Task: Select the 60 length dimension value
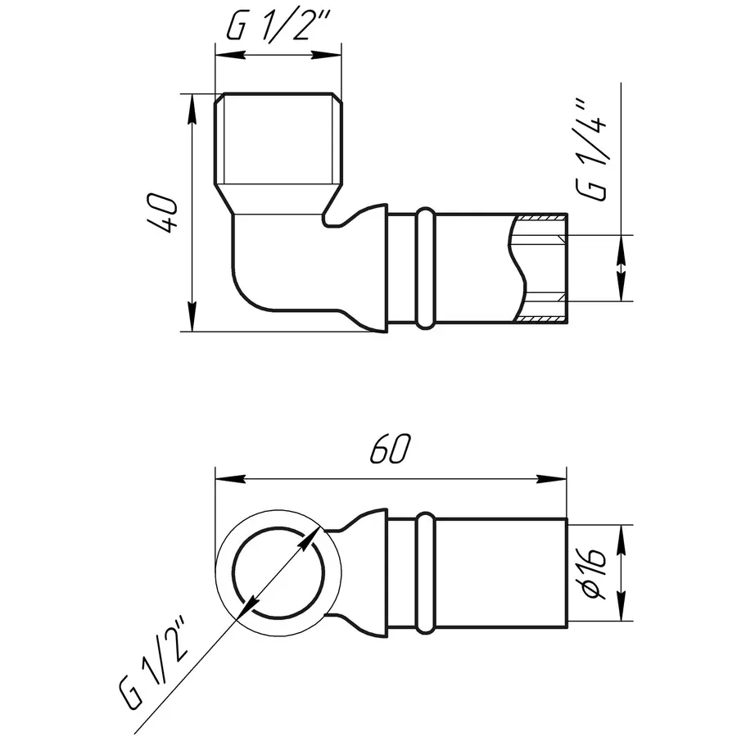point(390,449)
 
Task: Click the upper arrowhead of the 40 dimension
point(192,107)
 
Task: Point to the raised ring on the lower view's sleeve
point(425,573)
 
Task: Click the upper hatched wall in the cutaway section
point(540,219)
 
